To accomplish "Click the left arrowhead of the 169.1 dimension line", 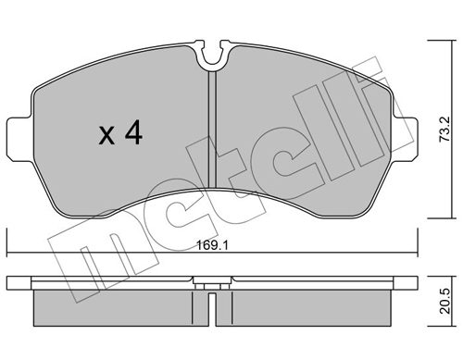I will point(9,254).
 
